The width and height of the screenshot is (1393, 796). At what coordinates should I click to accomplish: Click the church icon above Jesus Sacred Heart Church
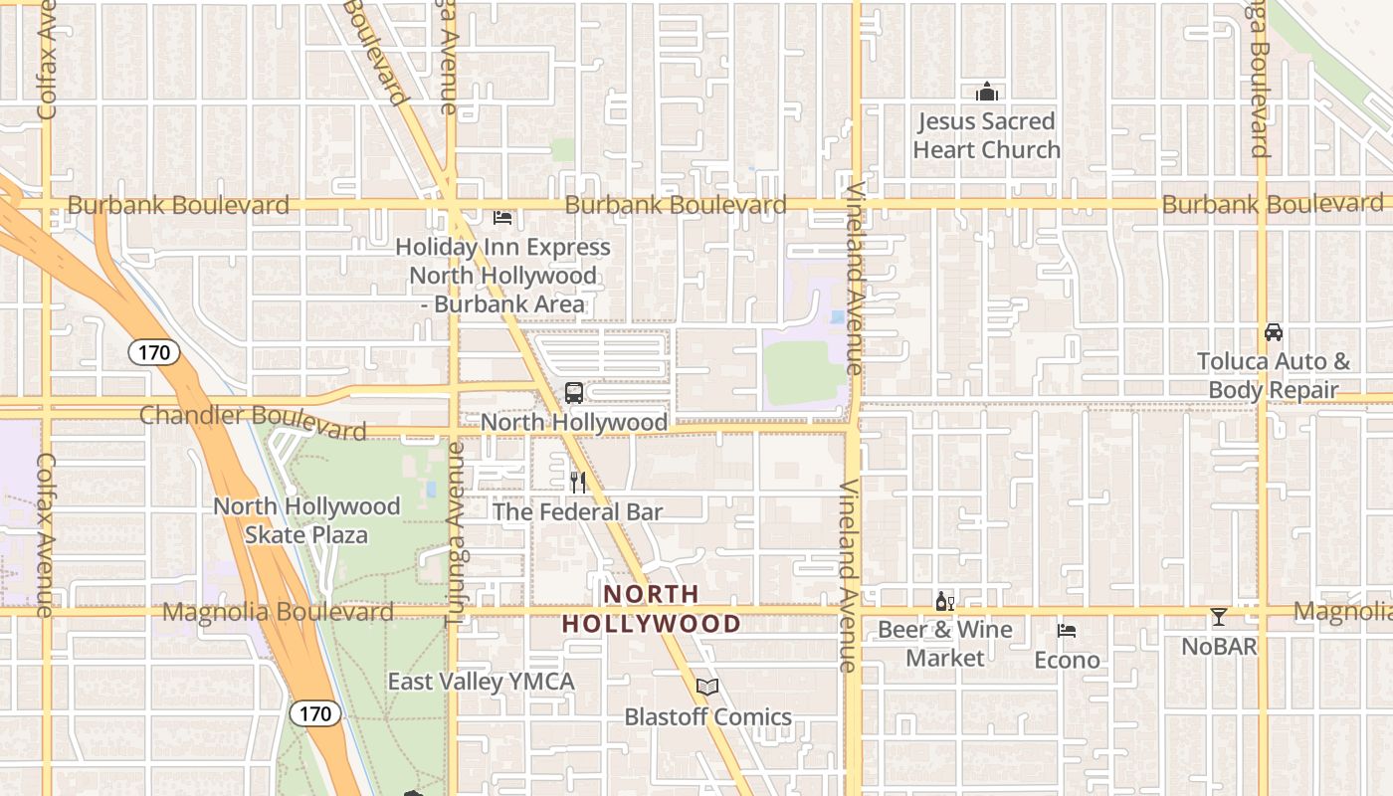coord(987,93)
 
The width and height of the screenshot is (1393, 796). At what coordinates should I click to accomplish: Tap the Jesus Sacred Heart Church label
coord(987,136)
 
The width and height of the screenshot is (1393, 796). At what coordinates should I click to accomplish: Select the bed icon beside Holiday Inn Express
coord(502,217)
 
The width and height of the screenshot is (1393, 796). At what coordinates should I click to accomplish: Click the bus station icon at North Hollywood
coord(574,392)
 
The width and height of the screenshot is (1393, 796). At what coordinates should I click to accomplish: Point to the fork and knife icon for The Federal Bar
coord(578,483)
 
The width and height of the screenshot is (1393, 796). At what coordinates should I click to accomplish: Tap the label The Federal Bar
coord(578,511)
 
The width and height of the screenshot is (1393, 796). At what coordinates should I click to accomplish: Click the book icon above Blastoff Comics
coord(707,687)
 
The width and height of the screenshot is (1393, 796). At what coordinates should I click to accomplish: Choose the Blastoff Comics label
coord(707,716)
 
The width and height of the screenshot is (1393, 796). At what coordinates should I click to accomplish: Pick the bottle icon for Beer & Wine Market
coord(944,601)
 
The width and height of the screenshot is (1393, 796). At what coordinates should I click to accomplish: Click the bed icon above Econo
coord(1067,631)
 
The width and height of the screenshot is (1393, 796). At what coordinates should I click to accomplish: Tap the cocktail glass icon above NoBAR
coord(1219,617)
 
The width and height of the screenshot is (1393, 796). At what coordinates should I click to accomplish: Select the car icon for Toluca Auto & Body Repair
coord(1274,331)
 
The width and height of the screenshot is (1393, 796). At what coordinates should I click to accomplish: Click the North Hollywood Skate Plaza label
coord(306,520)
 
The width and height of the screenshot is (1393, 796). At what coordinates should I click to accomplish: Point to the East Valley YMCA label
coord(482,682)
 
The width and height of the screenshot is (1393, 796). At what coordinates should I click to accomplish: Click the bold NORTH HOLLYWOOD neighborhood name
coord(652,609)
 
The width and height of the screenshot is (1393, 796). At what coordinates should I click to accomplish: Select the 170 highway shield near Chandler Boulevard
coord(153,351)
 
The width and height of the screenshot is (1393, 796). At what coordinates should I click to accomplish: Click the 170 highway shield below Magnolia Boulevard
coord(314,713)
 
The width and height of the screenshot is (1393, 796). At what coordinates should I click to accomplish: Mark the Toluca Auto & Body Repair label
coord(1274,375)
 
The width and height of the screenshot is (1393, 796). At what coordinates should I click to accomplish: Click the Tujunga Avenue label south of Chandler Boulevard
coord(455,533)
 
